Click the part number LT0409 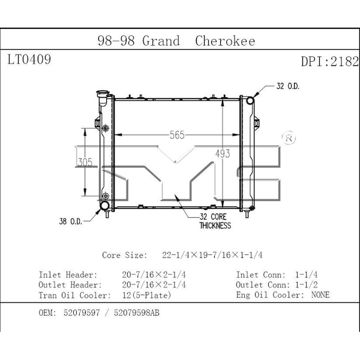[29, 59]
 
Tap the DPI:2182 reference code [330, 62]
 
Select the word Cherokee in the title [225, 41]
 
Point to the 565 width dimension [177, 135]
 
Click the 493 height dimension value [223, 154]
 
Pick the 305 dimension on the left [85, 163]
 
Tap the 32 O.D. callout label [288, 86]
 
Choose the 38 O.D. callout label [71, 221]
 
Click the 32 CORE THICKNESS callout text [215, 221]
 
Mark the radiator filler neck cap [103, 94]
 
